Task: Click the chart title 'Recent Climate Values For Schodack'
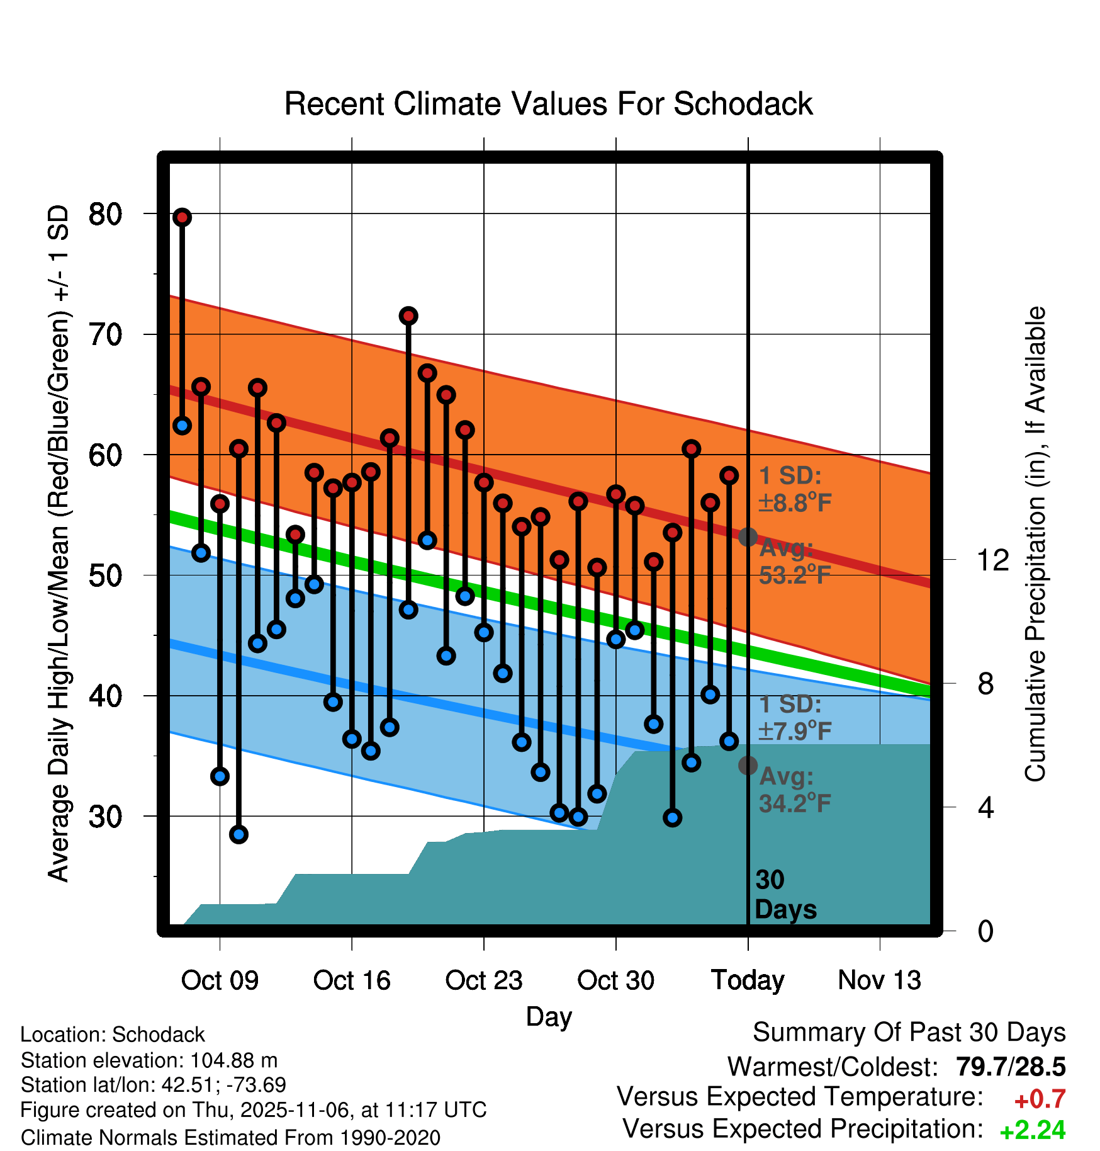548,105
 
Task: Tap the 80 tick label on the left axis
105,215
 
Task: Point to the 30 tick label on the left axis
105,817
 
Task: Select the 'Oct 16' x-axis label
352,980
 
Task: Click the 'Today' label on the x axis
748,980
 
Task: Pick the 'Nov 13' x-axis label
879,980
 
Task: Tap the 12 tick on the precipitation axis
992,560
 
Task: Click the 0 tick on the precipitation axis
985,931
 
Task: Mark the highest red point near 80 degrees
182,217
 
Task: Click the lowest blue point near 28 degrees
239,834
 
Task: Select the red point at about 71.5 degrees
408,315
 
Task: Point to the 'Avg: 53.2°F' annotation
795,562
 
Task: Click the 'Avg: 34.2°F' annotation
795,790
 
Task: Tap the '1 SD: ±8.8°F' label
795,489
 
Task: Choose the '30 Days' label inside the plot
785,895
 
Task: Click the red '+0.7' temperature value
1040,1099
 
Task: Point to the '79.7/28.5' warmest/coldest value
1010,1067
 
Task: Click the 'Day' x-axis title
549,1017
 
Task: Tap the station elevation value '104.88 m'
233,1060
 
